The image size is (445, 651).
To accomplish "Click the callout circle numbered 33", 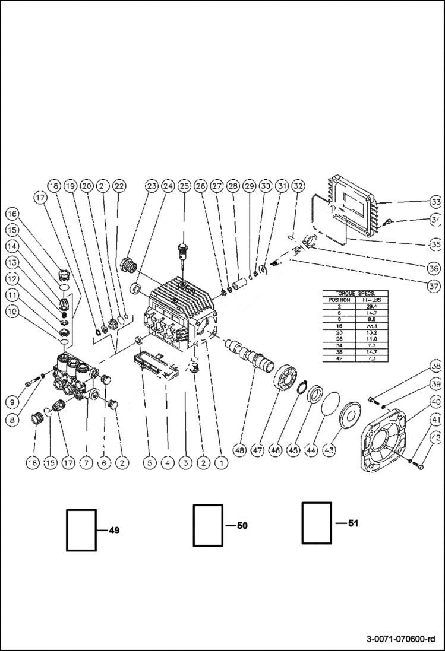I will tap(436, 201).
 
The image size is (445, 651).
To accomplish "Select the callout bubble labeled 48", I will tap(239, 450).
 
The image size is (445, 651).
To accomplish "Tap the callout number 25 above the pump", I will tap(184, 186).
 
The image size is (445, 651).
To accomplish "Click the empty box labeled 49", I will tap(81, 529).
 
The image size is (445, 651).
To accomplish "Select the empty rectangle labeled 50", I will tap(208, 525).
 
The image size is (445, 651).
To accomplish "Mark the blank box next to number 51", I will tap(316, 523).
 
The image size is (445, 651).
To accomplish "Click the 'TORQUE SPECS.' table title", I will tap(354, 293).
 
